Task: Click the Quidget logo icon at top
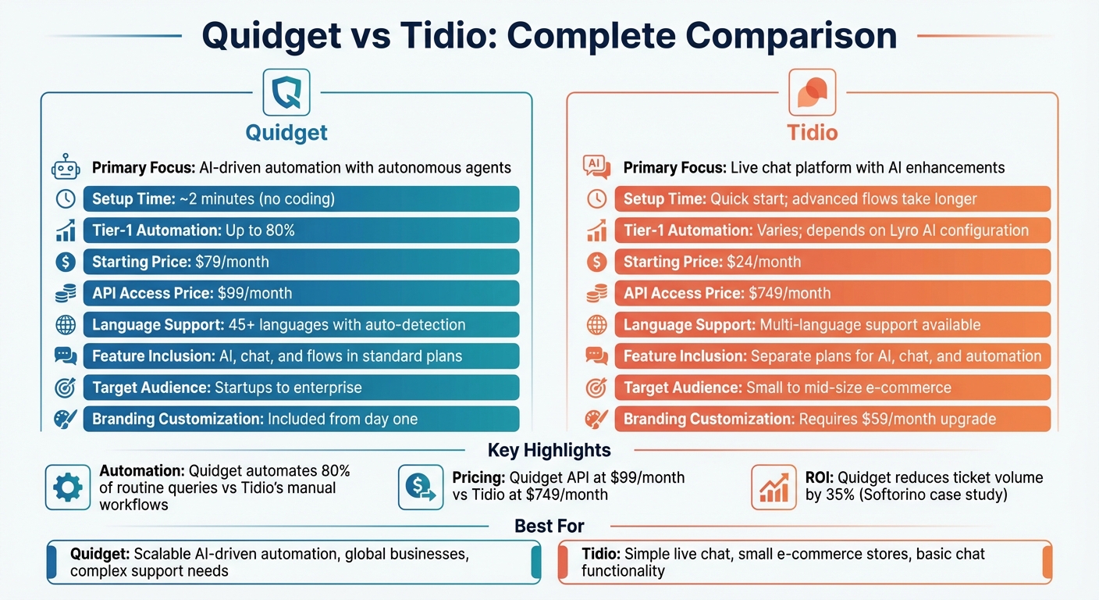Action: [286, 92]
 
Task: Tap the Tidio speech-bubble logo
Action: [812, 92]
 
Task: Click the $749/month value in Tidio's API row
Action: [789, 293]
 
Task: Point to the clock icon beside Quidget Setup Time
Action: [65, 198]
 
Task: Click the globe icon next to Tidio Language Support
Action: [596, 325]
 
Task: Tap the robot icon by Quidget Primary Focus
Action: [65, 167]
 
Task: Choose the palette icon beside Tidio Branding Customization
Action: [596, 420]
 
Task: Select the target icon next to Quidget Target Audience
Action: [65, 387]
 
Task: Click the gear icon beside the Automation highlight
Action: [68, 487]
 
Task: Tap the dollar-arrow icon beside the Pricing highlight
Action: [421, 487]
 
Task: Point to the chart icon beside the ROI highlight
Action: [774, 487]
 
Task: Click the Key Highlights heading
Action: [549, 450]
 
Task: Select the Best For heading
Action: [549, 526]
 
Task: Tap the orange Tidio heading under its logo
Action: [812, 132]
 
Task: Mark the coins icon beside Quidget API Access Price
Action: [65, 294]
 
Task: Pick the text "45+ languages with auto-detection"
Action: [346, 324]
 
